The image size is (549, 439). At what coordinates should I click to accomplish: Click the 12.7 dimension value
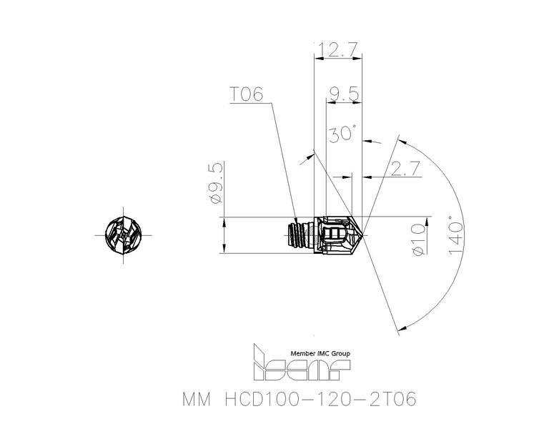(x=337, y=50)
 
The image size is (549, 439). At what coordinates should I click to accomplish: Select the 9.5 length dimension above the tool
(x=345, y=94)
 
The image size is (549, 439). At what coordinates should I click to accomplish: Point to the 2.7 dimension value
(x=405, y=169)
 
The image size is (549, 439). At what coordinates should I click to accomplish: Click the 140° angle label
(x=455, y=236)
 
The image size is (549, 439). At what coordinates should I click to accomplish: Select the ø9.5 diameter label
(x=215, y=183)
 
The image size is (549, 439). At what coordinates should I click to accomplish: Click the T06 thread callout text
(x=246, y=94)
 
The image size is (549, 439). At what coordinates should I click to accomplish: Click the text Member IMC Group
(x=320, y=354)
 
